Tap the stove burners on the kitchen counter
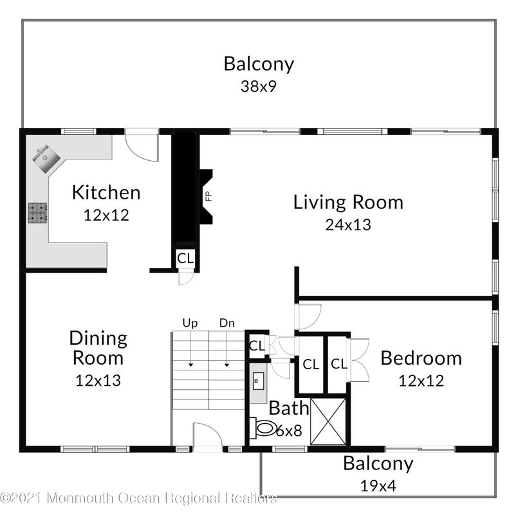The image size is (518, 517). click(37, 213)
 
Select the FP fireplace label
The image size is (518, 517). click(208, 196)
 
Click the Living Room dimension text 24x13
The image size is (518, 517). click(348, 224)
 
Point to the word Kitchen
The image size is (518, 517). click(106, 192)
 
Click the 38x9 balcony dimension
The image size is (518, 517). click(259, 86)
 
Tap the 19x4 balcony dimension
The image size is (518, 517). click(378, 485)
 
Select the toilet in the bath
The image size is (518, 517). click(265, 428)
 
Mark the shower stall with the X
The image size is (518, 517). click(328, 421)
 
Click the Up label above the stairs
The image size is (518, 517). click(190, 323)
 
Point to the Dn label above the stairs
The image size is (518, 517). click(227, 323)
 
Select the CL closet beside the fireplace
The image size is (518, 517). click(185, 258)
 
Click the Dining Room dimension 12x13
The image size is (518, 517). click(98, 380)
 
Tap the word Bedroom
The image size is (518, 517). click(421, 358)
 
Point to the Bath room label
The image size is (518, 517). click(284, 408)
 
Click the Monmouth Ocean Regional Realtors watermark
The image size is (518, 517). click(138, 498)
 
